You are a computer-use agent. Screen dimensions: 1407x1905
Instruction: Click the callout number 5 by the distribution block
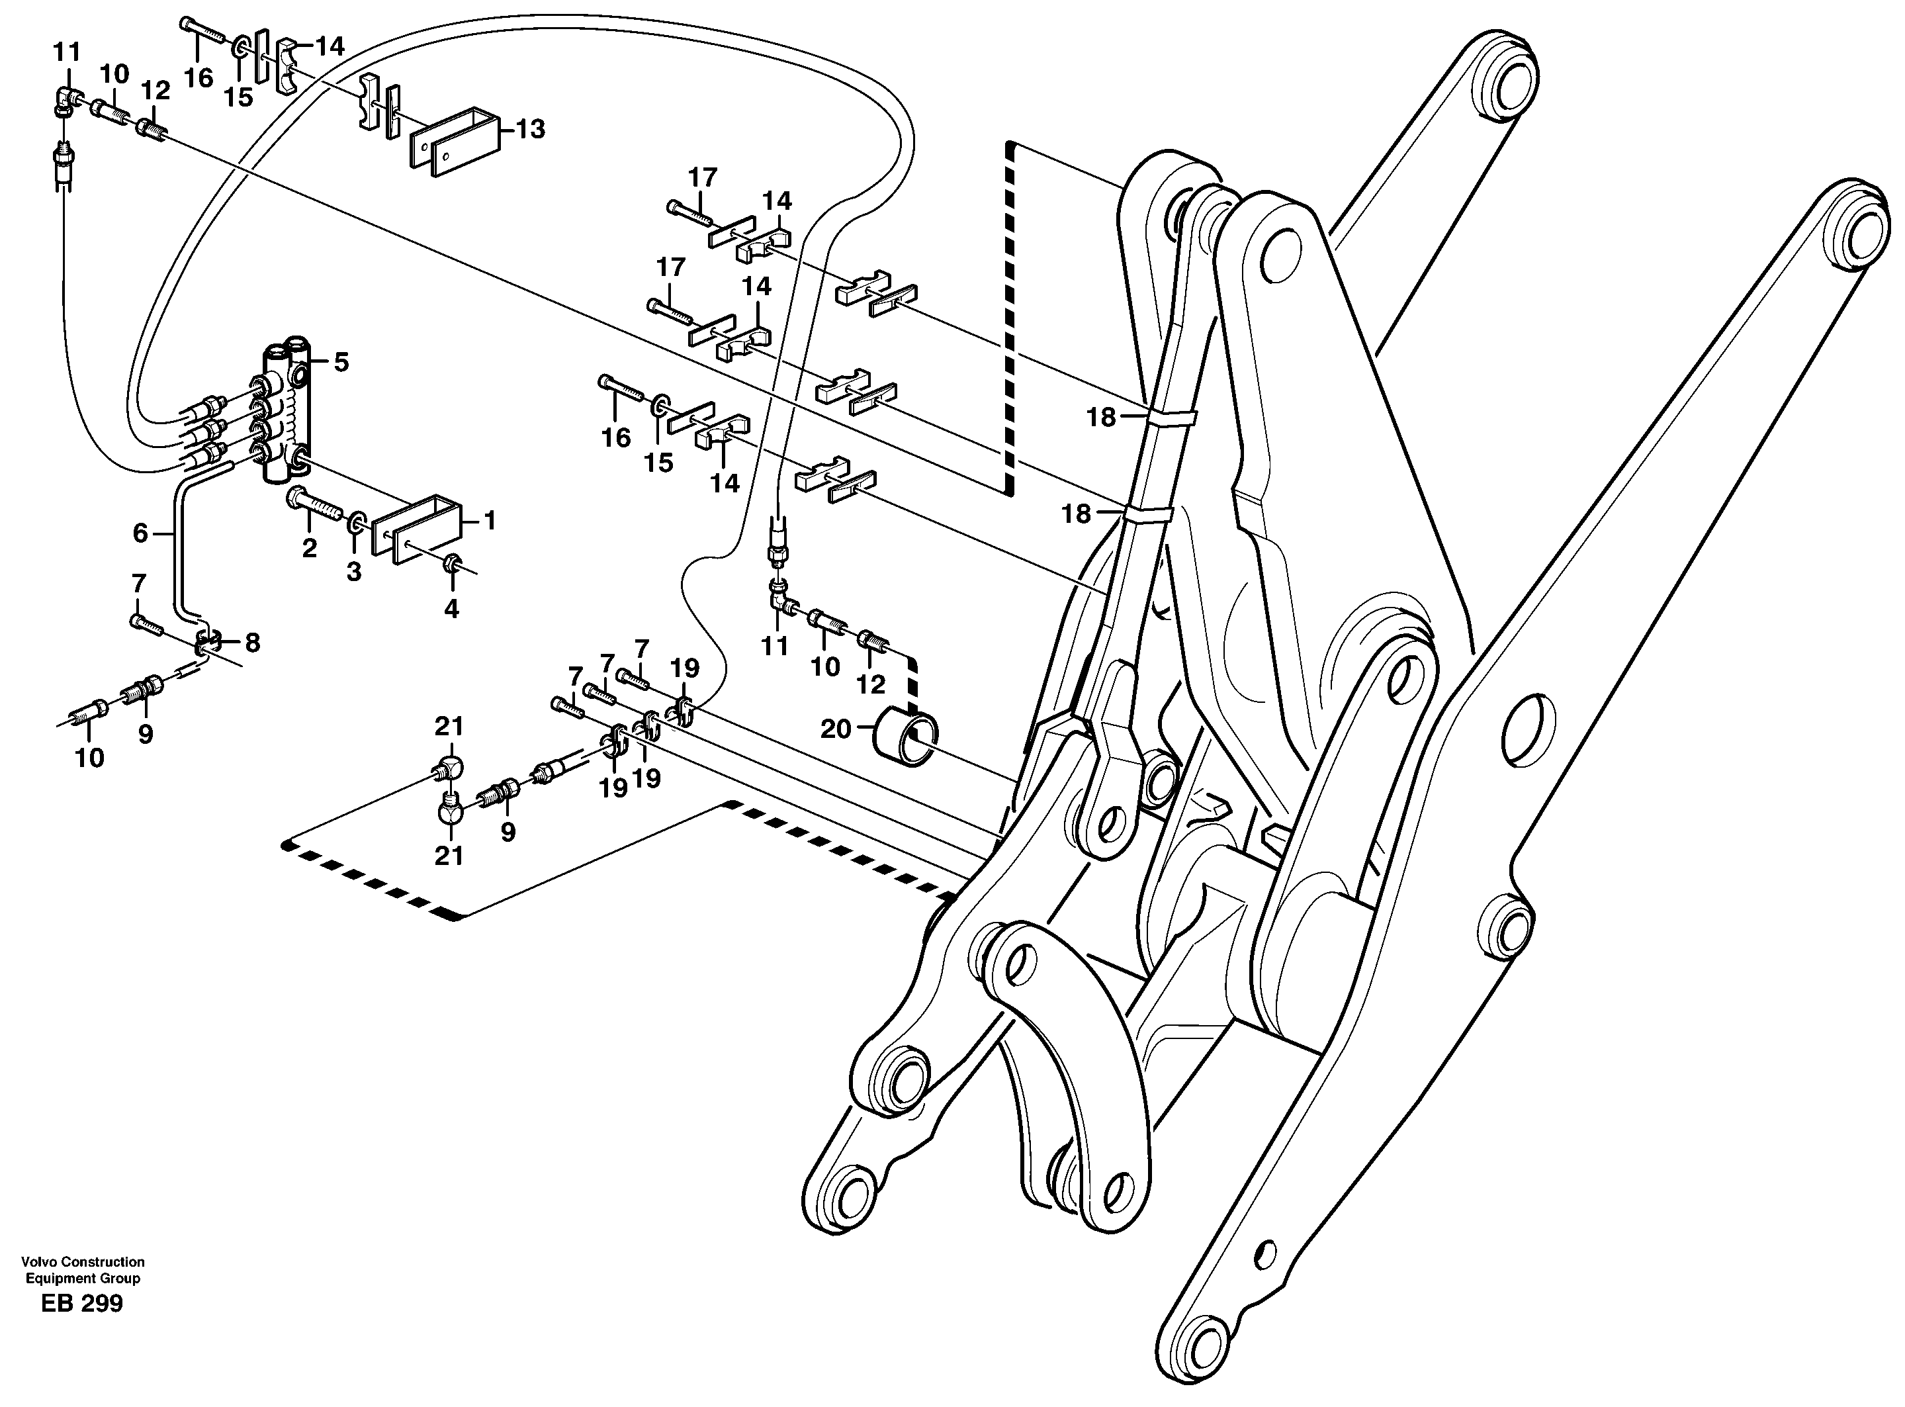341,363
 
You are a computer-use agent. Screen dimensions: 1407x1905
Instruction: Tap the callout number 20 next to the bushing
836,729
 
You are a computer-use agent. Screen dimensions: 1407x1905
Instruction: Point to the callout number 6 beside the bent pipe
140,534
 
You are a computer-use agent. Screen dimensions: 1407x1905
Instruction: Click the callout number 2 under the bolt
309,549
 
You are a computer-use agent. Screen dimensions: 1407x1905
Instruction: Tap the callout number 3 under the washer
353,572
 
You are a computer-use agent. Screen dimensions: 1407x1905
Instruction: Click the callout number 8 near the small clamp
252,643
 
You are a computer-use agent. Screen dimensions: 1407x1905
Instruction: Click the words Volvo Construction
83,1262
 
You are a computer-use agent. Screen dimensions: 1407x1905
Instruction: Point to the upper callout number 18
1100,418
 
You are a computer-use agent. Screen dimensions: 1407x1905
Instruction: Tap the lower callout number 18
1077,514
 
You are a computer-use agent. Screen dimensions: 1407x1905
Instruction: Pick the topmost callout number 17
703,177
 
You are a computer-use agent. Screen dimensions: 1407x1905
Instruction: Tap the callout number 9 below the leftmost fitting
146,733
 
